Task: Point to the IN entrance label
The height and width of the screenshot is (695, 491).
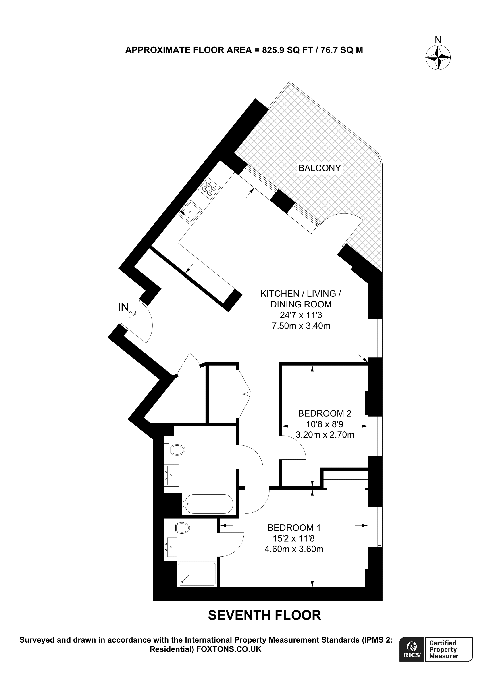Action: (x=123, y=307)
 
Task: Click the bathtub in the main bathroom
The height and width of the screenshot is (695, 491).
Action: (x=208, y=504)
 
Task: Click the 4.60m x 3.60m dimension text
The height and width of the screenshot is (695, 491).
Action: (x=294, y=549)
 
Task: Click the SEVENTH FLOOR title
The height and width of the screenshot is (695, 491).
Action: (x=264, y=615)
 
